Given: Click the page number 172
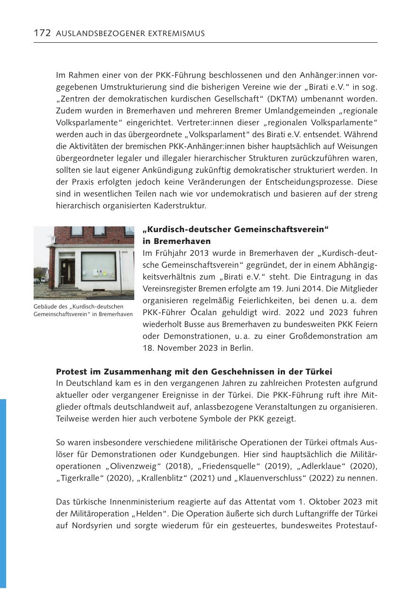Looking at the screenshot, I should pyautogui.click(x=42, y=33).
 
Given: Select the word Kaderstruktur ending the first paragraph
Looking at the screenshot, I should pyautogui.click(x=182, y=206).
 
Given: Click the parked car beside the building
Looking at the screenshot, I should pyautogui.click(x=37, y=280).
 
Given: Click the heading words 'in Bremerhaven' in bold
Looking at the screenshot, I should pyautogui.click(x=176, y=241).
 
